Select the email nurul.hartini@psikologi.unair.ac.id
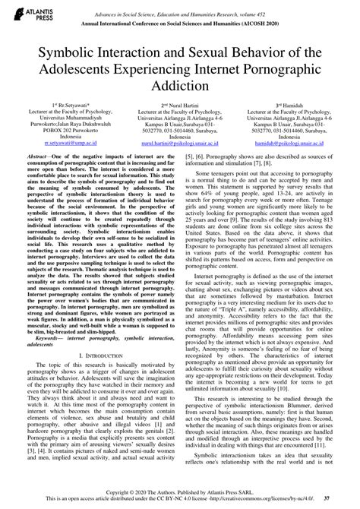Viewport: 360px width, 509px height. pyautogui.click(x=179, y=163)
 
